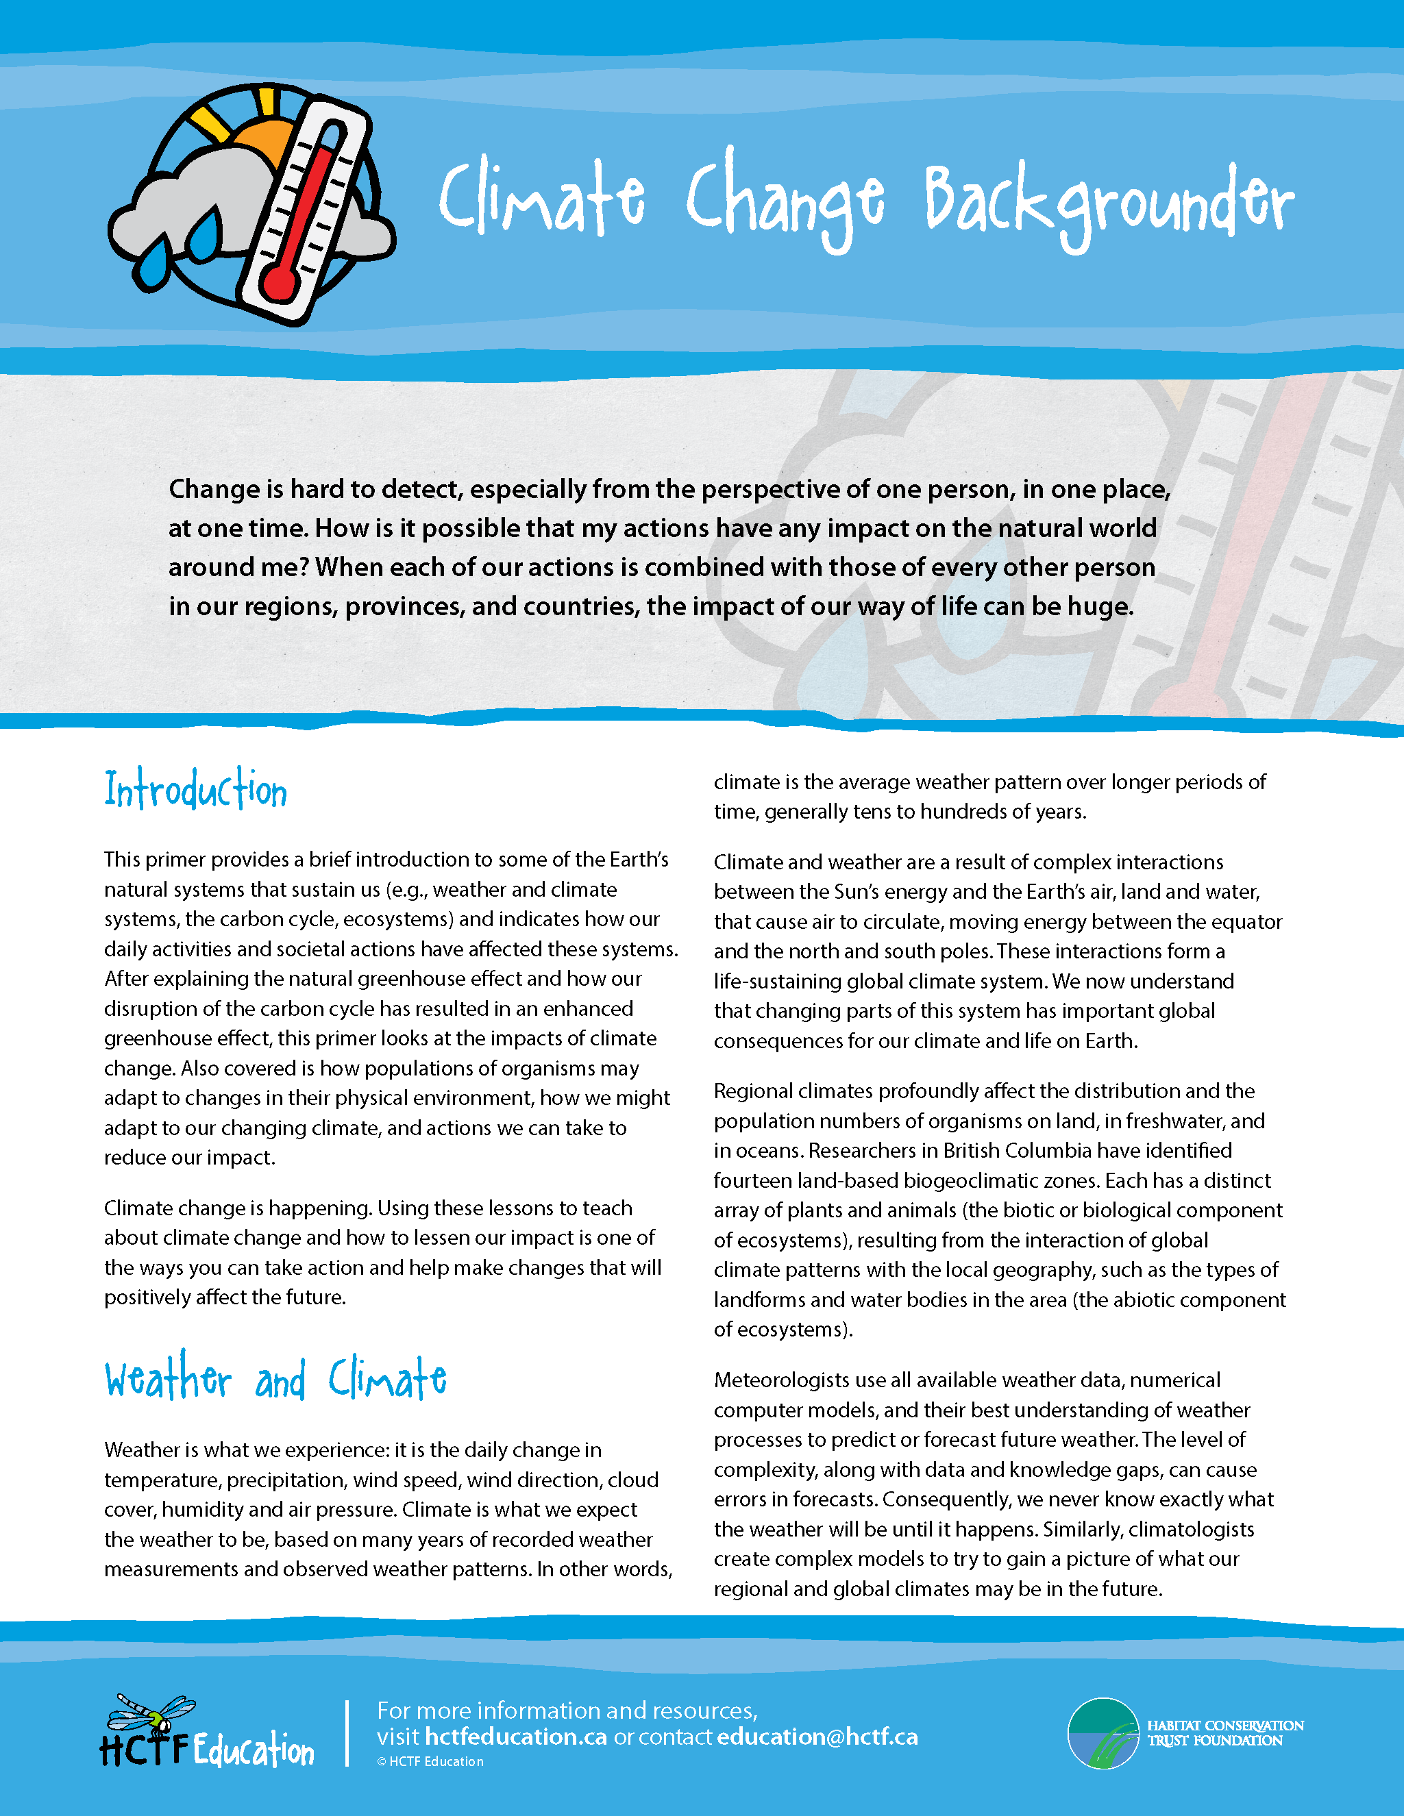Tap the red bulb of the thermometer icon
pos(280,283)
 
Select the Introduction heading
pos(195,789)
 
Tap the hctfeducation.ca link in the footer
pos(516,1737)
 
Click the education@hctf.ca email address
pos(817,1737)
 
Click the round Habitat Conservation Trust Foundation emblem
pos(1103,1733)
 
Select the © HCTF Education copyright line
pos(430,1761)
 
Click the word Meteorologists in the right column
pos(780,1380)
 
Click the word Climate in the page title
pos(541,197)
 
